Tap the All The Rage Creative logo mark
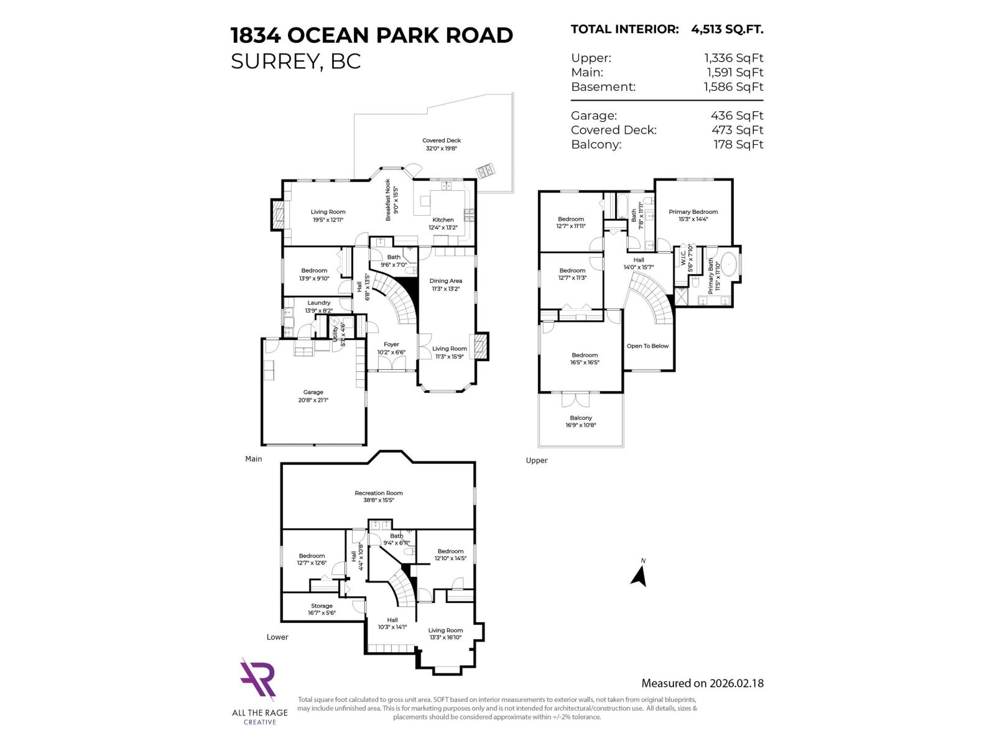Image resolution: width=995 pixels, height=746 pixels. tap(258, 679)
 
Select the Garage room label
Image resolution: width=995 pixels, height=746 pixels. tap(313, 392)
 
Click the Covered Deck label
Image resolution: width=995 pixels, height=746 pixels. tap(442, 140)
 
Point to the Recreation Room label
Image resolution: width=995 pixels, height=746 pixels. tap(379, 493)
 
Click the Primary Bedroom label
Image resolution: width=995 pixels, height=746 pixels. tap(693, 212)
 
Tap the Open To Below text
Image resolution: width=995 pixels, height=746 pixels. tap(647, 346)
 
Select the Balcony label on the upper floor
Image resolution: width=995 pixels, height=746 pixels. tap(581, 418)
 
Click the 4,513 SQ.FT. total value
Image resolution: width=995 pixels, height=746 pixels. tap(727, 29)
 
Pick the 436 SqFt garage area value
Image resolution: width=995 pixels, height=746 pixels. tap(737, 116)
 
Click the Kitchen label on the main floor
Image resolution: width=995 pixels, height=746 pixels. tap(443, 220)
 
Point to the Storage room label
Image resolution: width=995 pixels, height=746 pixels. tap(322, 606)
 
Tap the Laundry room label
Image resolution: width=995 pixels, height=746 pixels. tap(318, 303)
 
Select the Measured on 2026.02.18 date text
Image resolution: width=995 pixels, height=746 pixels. tap(702, 683)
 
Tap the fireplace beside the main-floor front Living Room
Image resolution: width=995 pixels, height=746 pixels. tap(481, 346)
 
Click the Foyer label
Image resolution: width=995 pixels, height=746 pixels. tap(391, 344)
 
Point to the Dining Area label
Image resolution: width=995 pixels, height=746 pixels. tap(445, 281)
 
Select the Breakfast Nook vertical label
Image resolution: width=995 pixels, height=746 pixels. tap(388, 200)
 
